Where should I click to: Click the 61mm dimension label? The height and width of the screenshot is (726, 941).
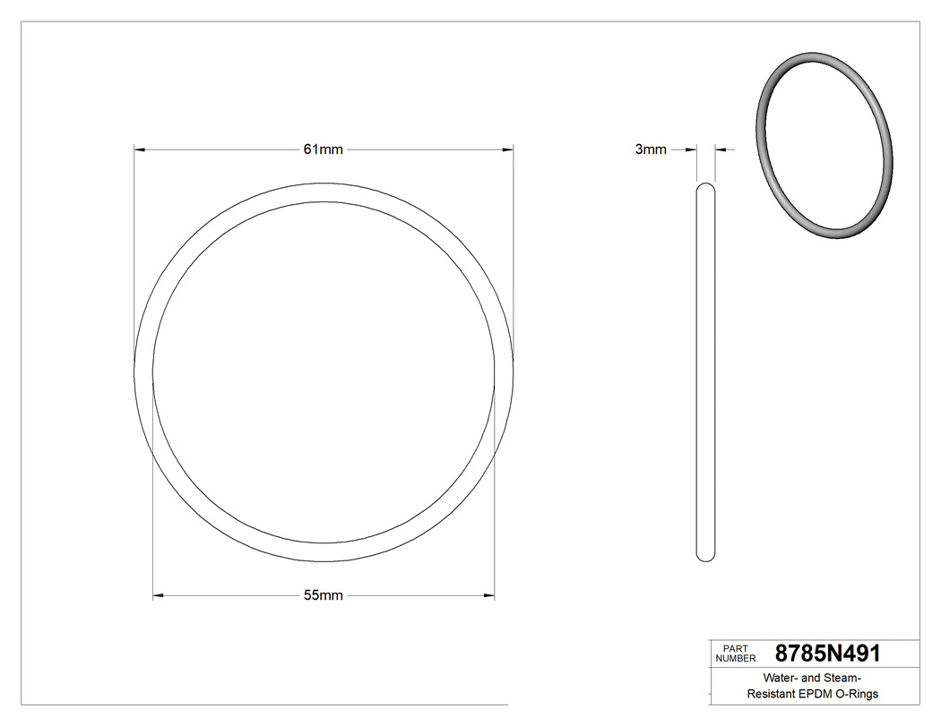pos(323,149)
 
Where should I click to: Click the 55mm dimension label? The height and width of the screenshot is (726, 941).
pos(324,595)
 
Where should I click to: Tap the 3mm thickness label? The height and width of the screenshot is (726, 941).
pos(651,149)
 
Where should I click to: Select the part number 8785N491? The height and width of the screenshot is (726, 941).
pos(827,653)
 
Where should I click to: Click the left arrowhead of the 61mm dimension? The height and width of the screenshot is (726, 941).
pos(139,149)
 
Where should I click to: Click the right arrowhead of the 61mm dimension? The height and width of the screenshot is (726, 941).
pos(508,149)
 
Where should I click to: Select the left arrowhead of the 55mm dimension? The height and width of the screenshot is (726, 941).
pos(159,595)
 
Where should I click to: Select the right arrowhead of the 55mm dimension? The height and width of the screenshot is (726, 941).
pos(489,595)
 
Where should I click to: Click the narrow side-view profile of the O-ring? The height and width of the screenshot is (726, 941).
pos(706,372)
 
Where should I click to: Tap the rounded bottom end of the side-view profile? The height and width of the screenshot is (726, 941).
pos(706,557)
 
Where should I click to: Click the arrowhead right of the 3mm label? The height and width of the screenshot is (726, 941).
pos(692,149)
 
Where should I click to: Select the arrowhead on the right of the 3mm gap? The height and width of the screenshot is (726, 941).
pos(721,149)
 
